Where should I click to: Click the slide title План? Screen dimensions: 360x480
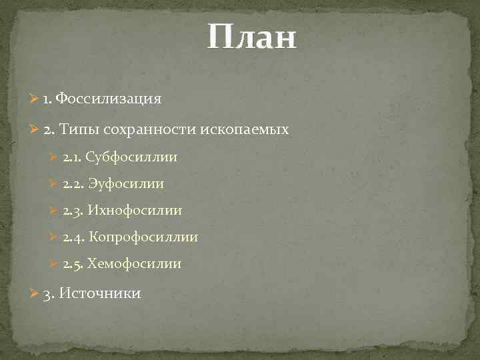tap(251, 38)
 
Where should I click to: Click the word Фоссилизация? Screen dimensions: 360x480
tap(109, 99)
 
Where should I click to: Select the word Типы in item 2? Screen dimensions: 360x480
tap(77, 129)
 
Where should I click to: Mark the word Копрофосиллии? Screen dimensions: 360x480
tap(143, 237)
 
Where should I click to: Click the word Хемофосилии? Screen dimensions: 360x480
tap(134, 263)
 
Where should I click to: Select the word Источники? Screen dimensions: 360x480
tap(100, 293)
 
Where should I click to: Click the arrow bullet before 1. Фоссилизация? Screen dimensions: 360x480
tap(35, 99)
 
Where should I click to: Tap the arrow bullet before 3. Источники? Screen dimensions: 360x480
tap(35, 294)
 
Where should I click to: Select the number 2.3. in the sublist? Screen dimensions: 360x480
tap(72, 211)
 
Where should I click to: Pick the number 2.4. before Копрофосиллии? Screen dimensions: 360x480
tap(73, 237)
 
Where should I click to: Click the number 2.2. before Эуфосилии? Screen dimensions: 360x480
tap(73, 184)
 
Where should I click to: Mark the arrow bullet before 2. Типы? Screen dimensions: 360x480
tap(35, 129)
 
